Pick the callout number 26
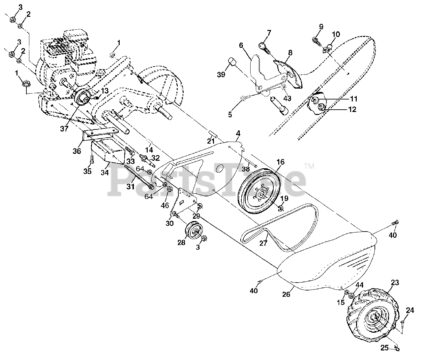(x=286, y=294)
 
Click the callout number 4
(x=238, y=133)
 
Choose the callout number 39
(x=221, y=74)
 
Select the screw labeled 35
(x=91, y=160)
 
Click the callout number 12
(x=352, y=109)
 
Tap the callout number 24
(x=409, y=310)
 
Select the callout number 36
(x=77, y=142)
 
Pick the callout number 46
(x=165, y=205)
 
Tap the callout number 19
(x=284, y=198)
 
